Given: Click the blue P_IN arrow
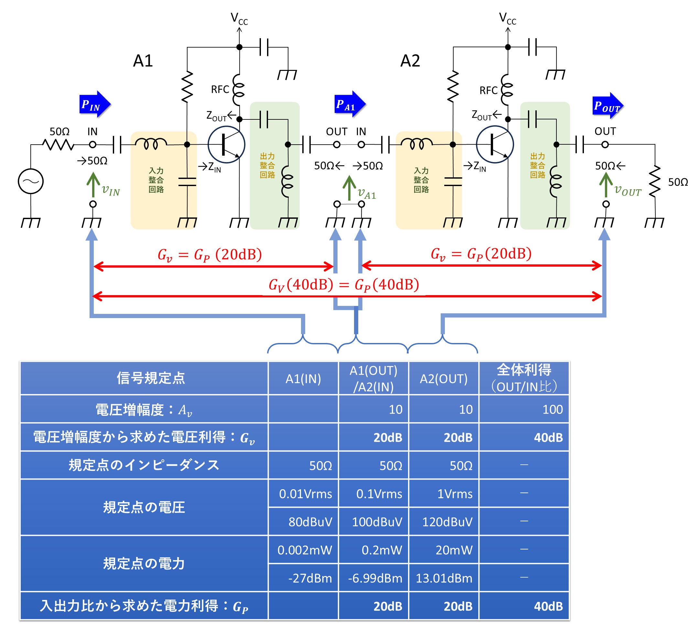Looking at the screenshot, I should [x=94, y=104].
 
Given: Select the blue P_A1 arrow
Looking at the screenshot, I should [x=349, y=104].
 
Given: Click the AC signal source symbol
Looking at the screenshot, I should [x=30, y=181].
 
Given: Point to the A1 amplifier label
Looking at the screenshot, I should [x=143, y=61].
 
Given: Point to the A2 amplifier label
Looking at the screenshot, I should [x=410, y=61].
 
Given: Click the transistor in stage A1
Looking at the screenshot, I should [x=226, y=144].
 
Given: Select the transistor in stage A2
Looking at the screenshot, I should [x=494, y=144].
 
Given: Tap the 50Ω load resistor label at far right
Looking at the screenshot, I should [x=677, y=182].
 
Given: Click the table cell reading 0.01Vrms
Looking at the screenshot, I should [x=305, y=493].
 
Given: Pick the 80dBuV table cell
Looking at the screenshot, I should [x=310, y=521].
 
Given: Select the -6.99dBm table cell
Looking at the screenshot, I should [x=375, y=578].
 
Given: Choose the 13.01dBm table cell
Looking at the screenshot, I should [x=444, y=578].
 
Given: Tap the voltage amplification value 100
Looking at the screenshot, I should [x=552, y=409].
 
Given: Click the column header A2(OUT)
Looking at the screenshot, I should [x=443, y=379].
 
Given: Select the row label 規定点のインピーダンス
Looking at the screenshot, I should [x=144, y=465].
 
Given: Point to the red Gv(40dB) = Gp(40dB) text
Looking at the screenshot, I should [x=344, y=285].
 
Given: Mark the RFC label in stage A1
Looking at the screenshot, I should [x=220, y=89].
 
